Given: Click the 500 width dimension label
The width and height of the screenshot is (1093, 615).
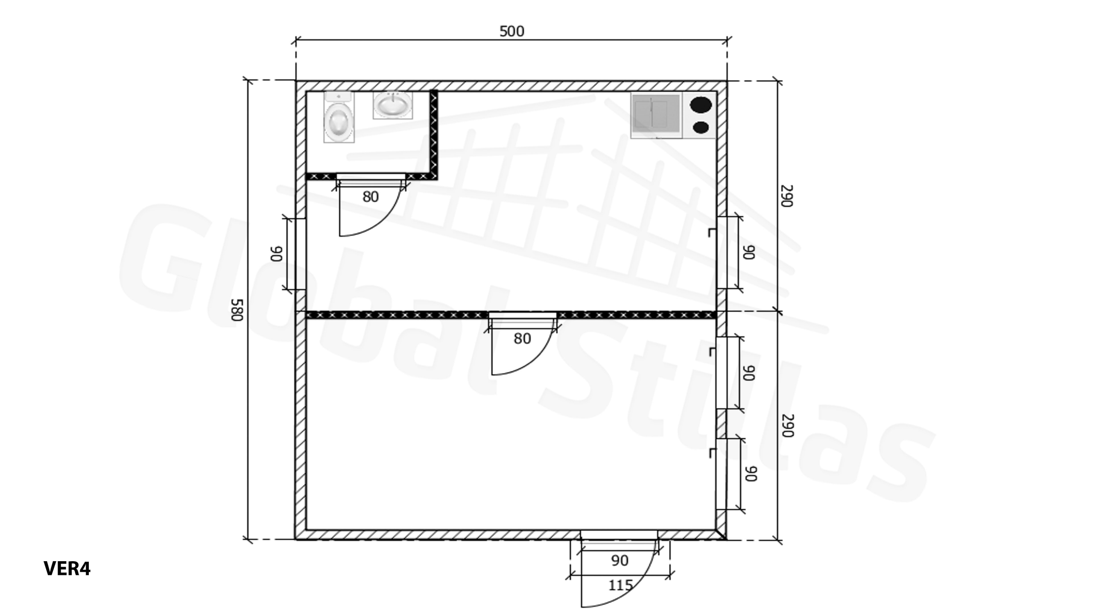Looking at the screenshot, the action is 511,31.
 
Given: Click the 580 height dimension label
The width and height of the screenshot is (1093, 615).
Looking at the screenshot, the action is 237,310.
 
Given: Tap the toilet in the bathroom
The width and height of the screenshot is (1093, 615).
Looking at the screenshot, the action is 339,117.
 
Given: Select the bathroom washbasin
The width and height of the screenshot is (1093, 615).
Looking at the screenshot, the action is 393,105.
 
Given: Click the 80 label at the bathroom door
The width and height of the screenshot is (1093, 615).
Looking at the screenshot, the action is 371,197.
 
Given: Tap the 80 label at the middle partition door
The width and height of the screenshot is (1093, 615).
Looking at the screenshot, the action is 522,339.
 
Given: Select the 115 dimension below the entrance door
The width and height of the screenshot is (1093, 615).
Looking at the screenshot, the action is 620,585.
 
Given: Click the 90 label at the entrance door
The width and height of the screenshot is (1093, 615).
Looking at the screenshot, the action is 620,560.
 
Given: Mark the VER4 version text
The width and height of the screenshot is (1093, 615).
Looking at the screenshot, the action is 67,569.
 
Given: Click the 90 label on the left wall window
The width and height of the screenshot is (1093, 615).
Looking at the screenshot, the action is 277,253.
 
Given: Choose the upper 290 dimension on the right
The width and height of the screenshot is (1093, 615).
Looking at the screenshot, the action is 787,196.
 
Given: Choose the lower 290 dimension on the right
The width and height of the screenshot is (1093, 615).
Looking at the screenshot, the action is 788,426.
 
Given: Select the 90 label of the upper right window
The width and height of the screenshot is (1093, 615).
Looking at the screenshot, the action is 749,252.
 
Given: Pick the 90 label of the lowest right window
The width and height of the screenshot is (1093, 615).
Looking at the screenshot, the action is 751,474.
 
